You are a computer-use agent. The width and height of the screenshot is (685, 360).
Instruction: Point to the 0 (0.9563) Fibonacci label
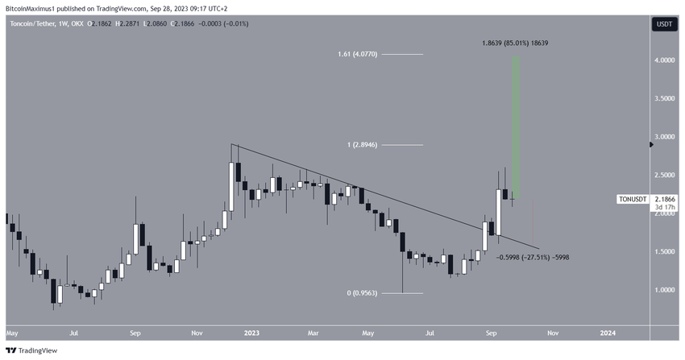(360, 293)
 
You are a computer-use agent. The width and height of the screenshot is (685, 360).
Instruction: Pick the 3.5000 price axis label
(664, 99)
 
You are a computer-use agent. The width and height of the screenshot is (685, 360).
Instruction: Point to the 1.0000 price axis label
(664, 290)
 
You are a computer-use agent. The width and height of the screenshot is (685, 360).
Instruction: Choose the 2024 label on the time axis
(608, 332)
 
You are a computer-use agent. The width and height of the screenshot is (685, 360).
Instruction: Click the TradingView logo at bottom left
(27, 351)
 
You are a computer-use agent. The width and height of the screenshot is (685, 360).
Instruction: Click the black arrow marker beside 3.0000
(651, 145)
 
